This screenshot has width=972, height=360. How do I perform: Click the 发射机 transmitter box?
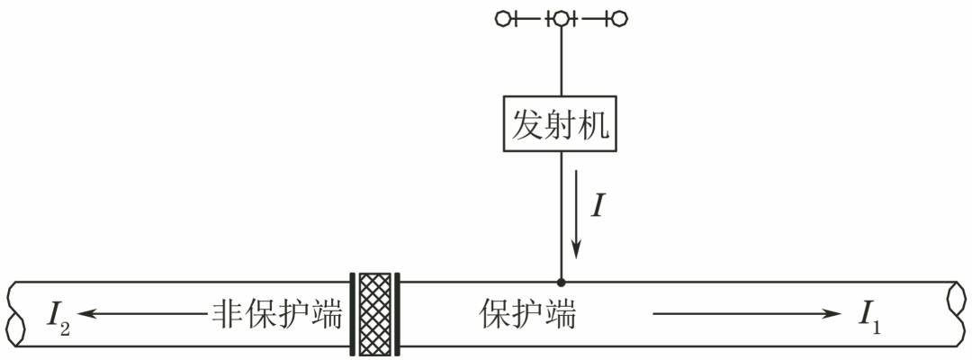560,123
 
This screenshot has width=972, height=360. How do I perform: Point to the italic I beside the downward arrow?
598,203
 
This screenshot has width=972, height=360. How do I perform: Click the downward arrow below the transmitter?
577,214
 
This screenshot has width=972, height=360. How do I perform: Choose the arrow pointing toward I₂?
141,313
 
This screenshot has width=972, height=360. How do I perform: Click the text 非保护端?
277,314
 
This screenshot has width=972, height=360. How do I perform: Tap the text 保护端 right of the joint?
527,314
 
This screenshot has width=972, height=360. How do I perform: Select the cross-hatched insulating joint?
375,314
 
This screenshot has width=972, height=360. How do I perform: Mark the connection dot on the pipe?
561,283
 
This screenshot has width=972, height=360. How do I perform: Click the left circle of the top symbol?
503,19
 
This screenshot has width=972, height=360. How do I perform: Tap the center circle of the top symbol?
561,19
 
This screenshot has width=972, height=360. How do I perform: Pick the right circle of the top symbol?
618,19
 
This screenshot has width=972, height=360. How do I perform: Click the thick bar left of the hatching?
353,314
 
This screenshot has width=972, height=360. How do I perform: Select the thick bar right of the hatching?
398,314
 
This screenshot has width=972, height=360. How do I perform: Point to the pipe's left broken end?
15,314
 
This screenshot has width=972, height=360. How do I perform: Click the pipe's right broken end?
957,314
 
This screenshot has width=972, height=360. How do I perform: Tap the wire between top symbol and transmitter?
561,61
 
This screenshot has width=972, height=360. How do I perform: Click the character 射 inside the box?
561,124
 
